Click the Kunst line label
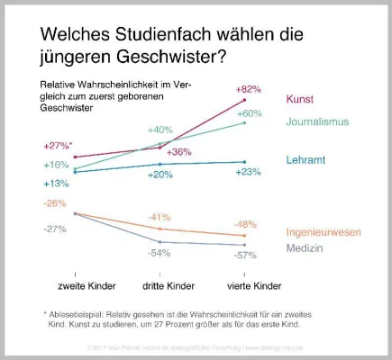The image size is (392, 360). tap(302, 99)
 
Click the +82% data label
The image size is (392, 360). tap(247, 90)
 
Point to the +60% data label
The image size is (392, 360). tap(249, 113)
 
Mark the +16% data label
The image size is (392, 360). tap(55, 165)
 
